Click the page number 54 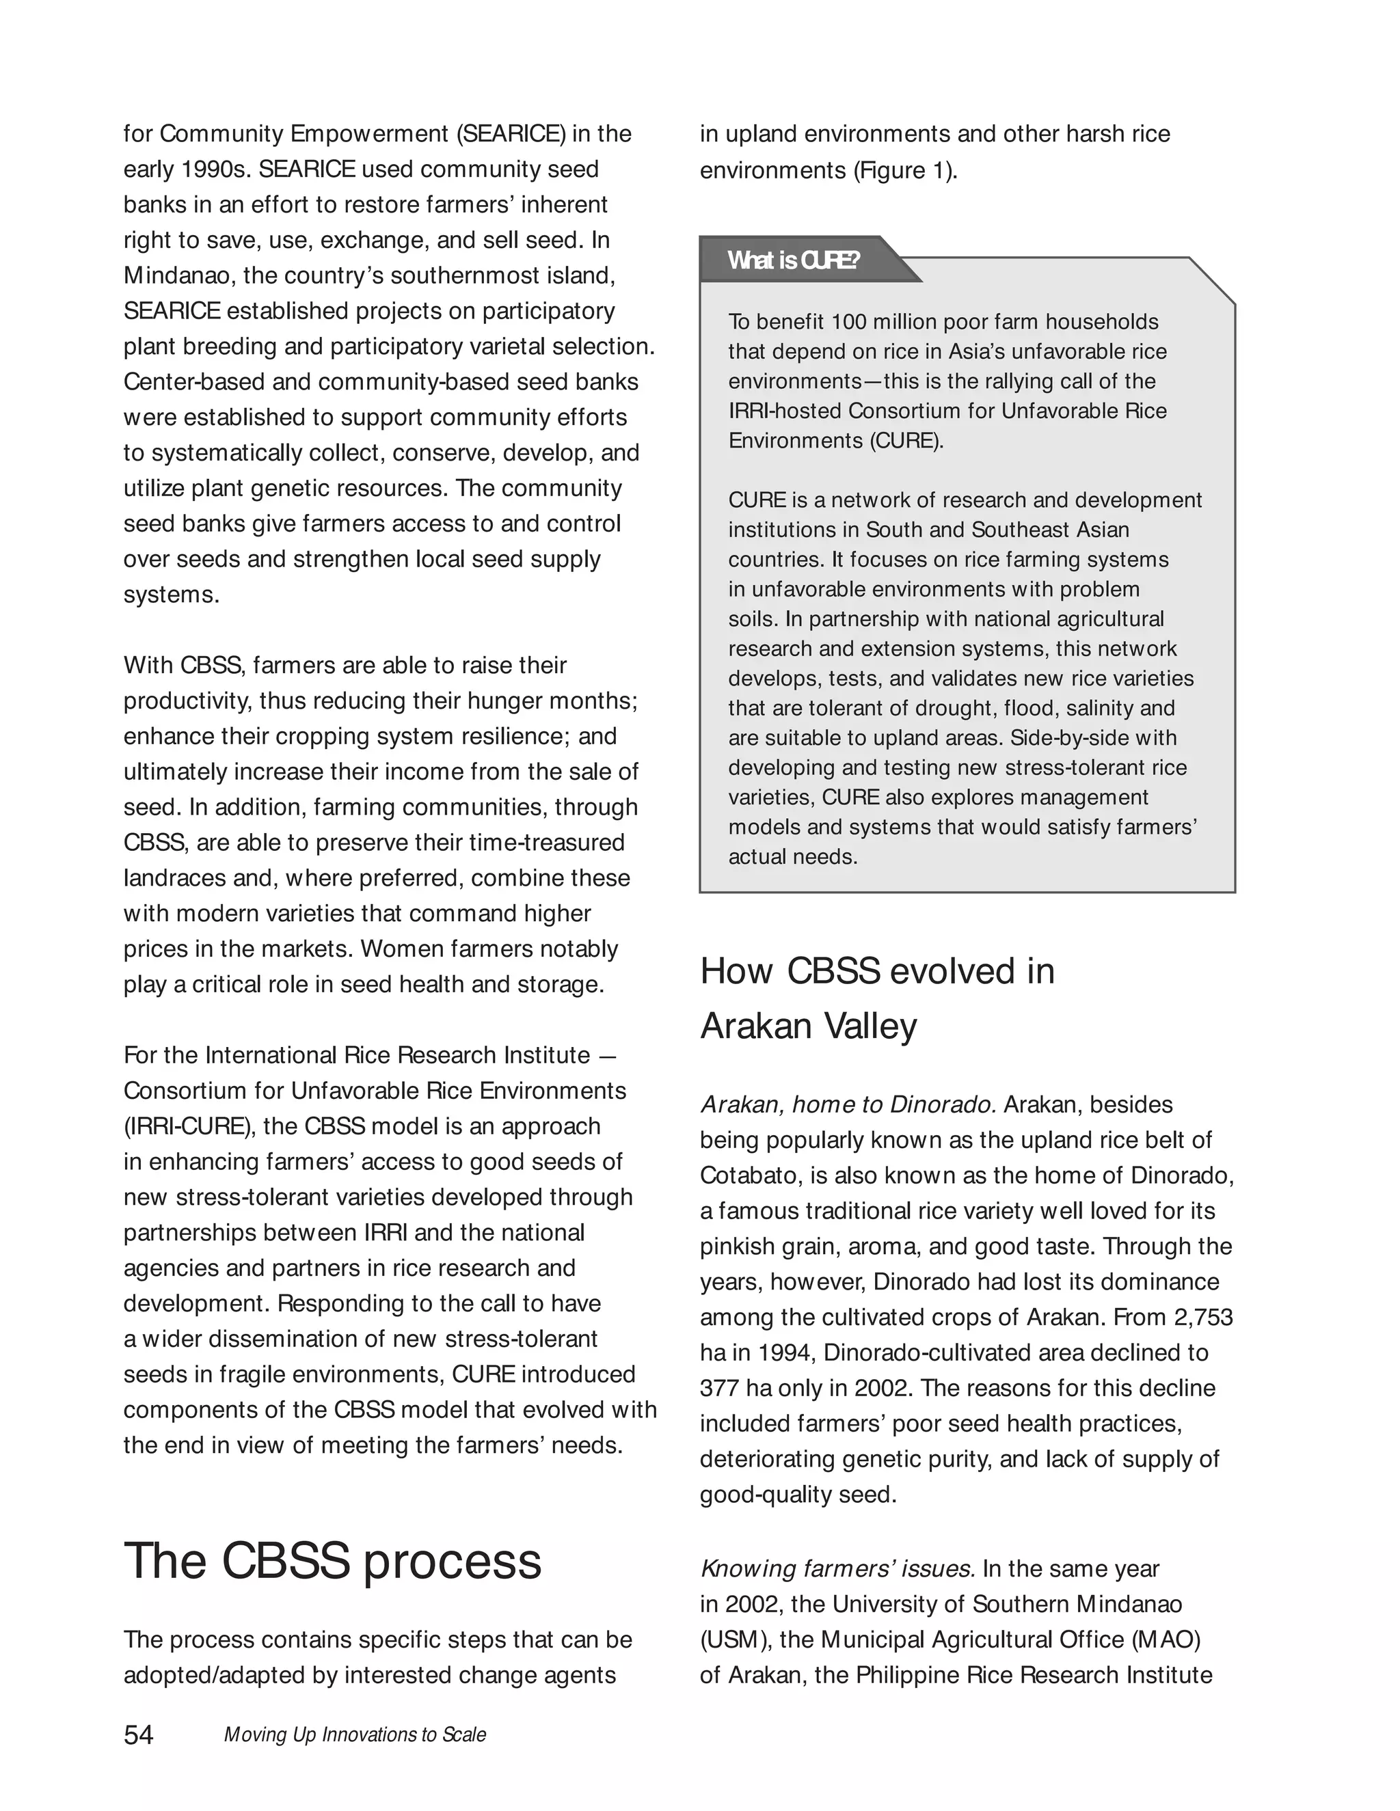click(x=139, y=1734)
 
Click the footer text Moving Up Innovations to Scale click(x=355, y=1734)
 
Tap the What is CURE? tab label click(x=793, y=260)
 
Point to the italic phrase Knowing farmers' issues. click(x=837, y=1569)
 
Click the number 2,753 click(x=1202, y=1318)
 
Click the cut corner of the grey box click(x=1213, y=281)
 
